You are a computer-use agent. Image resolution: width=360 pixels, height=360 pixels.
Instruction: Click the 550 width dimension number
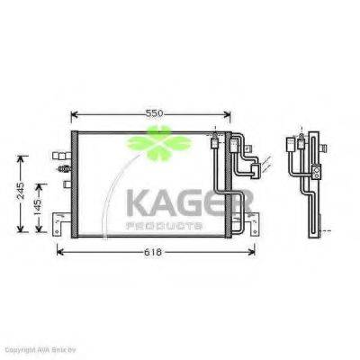(155, 113)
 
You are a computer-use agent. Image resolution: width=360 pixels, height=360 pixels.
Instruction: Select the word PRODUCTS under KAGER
(166, 224)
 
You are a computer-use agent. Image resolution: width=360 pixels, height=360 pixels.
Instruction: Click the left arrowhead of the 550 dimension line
(74, 114)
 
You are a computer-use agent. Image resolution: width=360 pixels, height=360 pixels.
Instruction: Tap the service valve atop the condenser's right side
(214, 140)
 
